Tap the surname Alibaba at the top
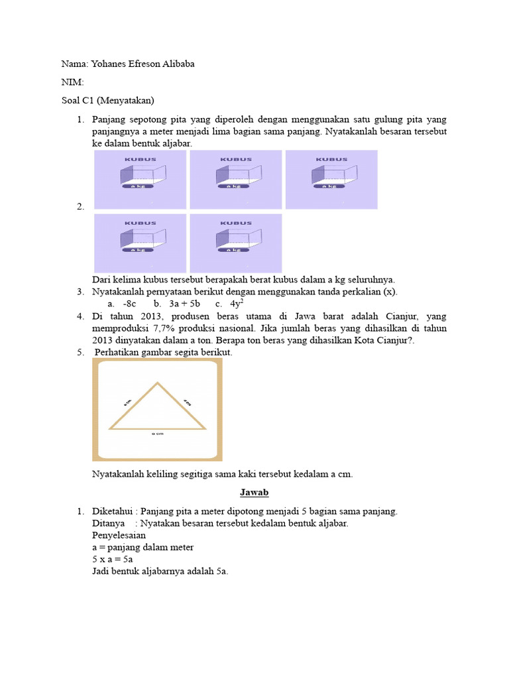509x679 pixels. tap(176, 64)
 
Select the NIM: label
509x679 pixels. tap(72, 82)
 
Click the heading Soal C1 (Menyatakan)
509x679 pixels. tap(107, 101)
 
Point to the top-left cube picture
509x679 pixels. tap(141, 180)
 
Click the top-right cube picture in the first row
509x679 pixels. tap(331, 180)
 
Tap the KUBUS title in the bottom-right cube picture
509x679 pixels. tap(236, 223)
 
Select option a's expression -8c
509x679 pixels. tap(129, 304)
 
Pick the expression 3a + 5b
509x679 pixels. tap(184, 304)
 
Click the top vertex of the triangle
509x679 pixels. tap(157, 383)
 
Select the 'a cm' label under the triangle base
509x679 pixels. tap(157, 434)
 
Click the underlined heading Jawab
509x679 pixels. tap(254, 493)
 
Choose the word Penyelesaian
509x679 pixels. tap(119, 535)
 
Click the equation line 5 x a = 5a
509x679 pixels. tap(113, 559)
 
